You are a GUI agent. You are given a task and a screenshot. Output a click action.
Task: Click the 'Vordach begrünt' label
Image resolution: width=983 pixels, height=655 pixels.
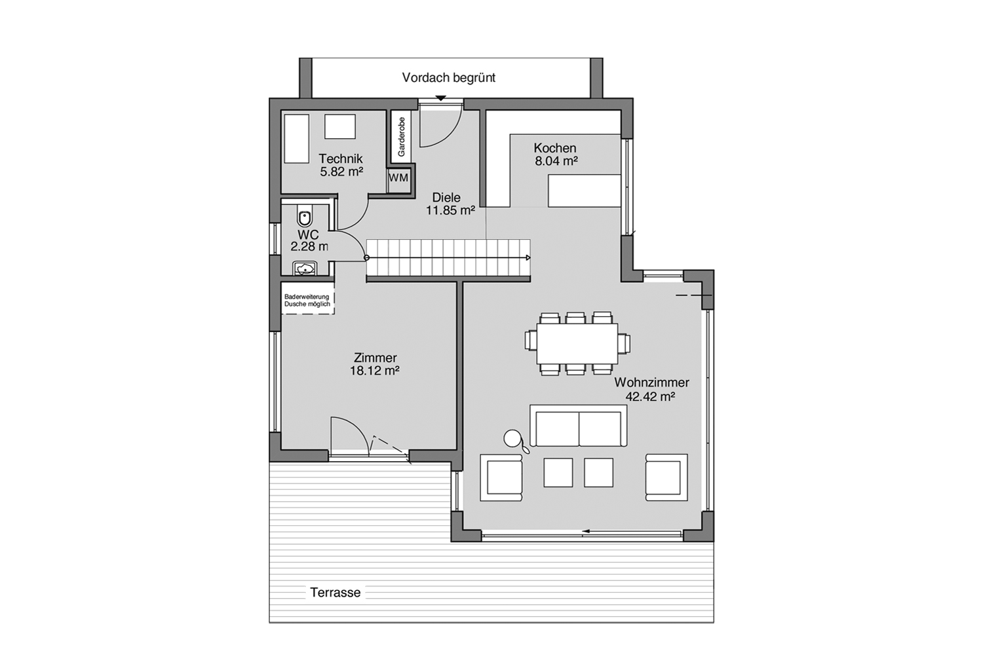click(x=448, y=77)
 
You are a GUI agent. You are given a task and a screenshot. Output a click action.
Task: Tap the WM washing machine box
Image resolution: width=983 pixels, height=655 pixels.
click(x=398, y=178)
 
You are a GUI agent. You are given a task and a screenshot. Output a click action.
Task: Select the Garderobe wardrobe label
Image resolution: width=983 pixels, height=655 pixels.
click(x=401, y=136)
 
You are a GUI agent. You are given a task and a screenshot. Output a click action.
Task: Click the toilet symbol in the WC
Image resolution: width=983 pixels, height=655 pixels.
click(x=304, y=217)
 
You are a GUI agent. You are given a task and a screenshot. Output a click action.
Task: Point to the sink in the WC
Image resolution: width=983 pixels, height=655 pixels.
click(x=305, y=269)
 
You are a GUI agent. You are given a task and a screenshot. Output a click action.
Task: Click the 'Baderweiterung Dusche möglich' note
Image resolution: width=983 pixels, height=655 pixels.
click(x=307, y=301)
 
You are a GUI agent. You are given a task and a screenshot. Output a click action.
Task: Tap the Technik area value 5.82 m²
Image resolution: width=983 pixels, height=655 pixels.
click(x=341, y=172)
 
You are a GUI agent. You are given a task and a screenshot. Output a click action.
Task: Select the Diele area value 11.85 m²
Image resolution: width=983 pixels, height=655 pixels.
click(x=450, y=210)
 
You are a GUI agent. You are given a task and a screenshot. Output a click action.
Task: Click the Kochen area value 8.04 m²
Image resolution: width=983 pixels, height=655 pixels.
click(x=556, y=161)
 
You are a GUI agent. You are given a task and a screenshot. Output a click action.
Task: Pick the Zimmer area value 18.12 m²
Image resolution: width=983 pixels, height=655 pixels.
click(x=374, y=371)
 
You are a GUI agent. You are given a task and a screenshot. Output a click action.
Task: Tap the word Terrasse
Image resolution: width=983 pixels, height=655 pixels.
click(x=335, y=593)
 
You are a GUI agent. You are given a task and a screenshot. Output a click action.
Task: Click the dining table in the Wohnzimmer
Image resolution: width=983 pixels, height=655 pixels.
click(x=577, y=343)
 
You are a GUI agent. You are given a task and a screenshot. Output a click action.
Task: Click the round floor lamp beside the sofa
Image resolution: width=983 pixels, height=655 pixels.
click(x=512, y=438)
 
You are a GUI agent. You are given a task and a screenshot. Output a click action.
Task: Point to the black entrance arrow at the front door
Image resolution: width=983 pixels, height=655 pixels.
click(x=441, y=98)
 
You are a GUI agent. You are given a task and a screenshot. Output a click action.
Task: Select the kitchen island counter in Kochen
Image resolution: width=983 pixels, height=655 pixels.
click(x=584, y=191)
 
